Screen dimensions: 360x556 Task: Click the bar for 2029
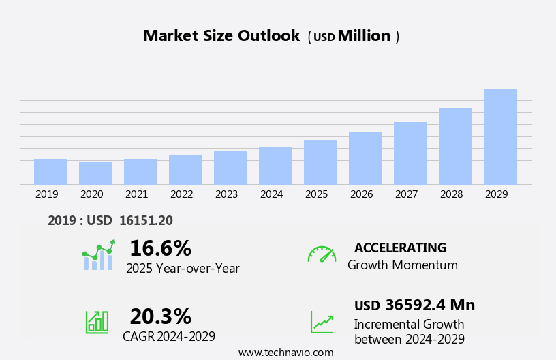500,136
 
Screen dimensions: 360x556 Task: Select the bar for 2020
95,172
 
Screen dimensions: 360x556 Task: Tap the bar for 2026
365,158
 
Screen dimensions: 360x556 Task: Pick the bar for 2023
230,168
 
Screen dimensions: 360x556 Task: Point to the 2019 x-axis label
46,194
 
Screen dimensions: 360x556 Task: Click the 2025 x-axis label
316,194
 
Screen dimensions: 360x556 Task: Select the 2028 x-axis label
451,194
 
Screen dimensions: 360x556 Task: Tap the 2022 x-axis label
181,194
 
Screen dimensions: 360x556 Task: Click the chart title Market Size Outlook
221,36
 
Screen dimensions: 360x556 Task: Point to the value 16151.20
146,220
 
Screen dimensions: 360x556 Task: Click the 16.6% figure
160,248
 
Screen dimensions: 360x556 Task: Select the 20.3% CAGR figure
160,316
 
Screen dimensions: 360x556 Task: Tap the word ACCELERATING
400,247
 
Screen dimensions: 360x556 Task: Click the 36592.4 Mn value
429,305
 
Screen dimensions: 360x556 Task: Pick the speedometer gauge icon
322,254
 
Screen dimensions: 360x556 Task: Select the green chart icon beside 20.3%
97,321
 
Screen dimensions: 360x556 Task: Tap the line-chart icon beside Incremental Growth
322,322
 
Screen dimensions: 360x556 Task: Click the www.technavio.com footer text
285,352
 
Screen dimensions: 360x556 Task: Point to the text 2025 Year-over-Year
183,269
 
